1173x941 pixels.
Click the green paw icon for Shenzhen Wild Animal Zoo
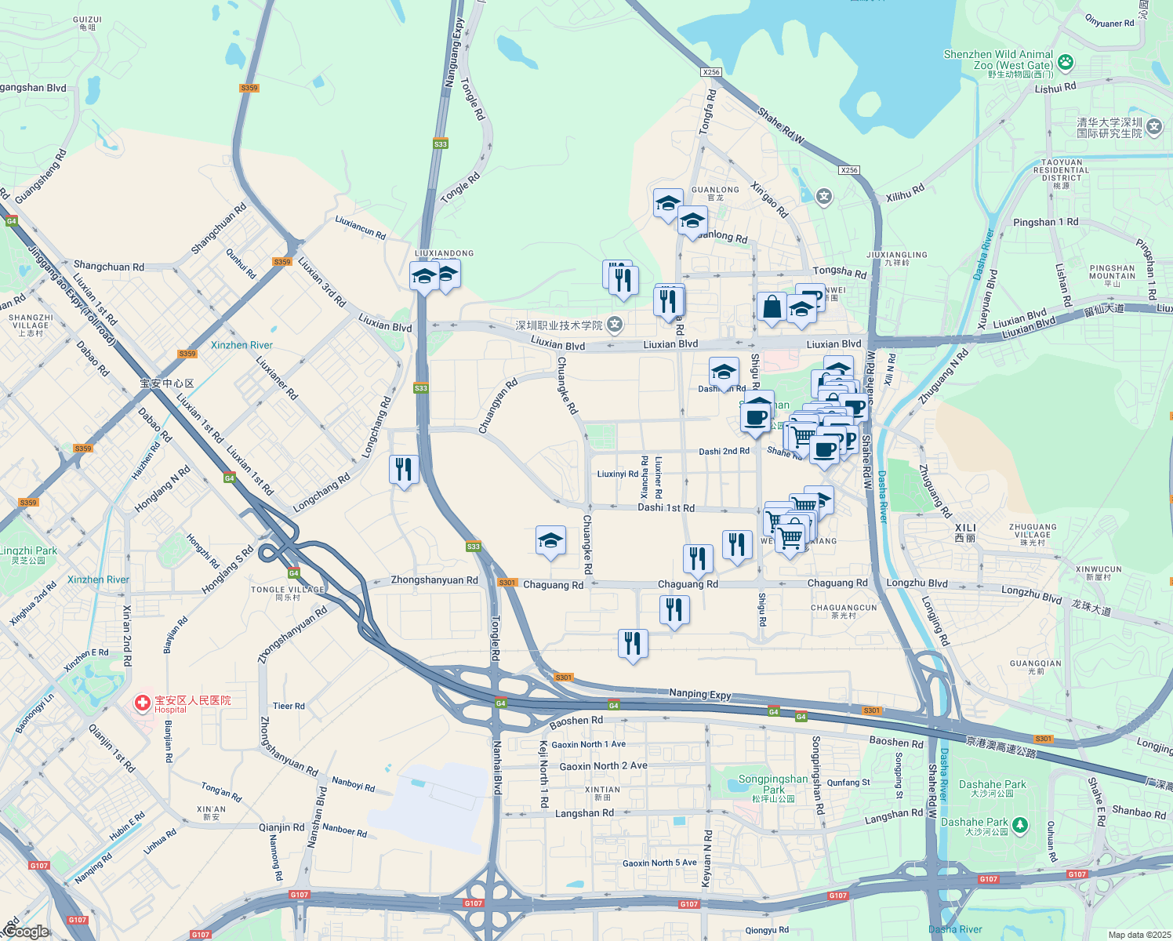point(1065,61)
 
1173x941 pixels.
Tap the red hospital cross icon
point(142,703)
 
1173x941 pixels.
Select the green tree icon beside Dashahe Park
point(1019,824)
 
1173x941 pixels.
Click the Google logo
point(26,932)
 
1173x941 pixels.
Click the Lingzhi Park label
point(29,550)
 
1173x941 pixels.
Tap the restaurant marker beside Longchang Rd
point(404,470)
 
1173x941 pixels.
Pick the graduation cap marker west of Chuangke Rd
point(550,540)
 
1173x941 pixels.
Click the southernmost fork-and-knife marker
point(633,643)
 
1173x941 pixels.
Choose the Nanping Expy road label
point(699,693)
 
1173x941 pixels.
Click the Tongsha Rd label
point(839,271)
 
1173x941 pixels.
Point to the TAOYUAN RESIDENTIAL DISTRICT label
point(1061,170)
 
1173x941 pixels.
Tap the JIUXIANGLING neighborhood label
point(897,255)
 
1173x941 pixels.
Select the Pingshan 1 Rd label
point(1045,222)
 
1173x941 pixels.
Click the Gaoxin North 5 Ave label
point(659,863)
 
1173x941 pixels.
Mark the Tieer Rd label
point(289,706)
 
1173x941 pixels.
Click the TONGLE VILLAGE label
point(287,590)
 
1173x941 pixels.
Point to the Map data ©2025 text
point(1138,934)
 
